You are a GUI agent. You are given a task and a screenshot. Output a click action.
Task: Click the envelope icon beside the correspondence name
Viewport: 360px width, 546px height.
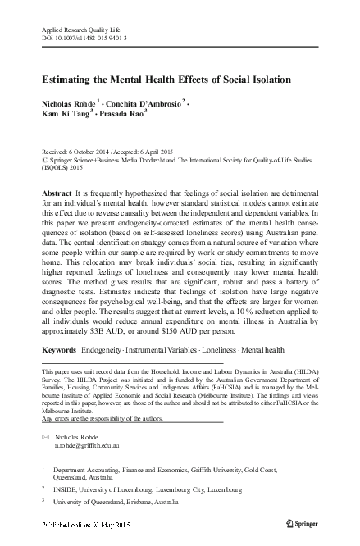point(46,439)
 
